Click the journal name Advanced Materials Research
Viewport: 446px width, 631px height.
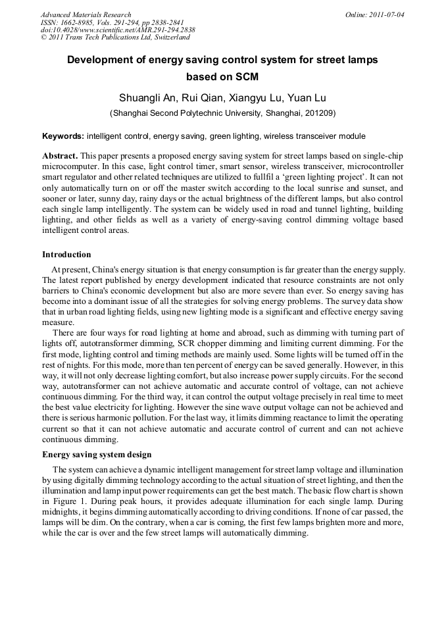tap(86, 14)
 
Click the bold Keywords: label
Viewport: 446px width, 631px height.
tap(63, 136)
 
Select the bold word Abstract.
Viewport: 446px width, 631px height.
tap(60, 155)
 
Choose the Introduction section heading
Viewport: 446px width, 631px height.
tap(66, 255)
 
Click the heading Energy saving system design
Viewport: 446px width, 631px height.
tap(97, 455)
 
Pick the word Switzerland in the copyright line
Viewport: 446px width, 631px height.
tap(168, 38)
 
